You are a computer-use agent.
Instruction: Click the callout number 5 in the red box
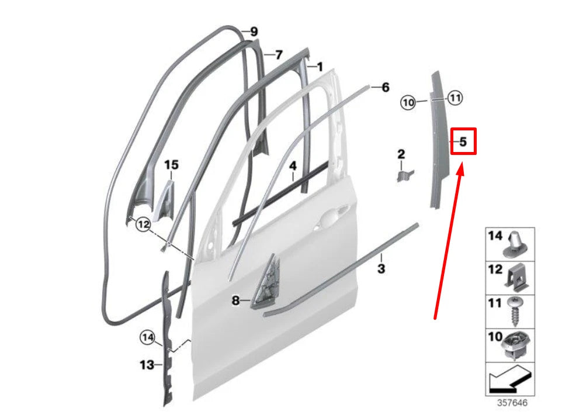[x=463, y=141]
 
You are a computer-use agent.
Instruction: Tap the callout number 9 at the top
[x=254, y=32]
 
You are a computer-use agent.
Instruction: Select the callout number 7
[x=279, y=55]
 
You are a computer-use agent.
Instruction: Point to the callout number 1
[x=320, y=67]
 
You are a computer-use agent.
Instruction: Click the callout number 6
[x=385, y=88]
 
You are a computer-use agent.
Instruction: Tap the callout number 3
[x=381, y=269]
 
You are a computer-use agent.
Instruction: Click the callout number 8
[x=235, y=301]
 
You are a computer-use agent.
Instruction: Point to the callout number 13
[x=147, y=365]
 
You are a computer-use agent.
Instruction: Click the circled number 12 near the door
[x=144, y=223]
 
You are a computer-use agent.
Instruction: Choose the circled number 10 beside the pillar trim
[x=408, y=103]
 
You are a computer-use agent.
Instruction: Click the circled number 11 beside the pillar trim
[x=455, y=98]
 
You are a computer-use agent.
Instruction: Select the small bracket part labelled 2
[x=405, y=174]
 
